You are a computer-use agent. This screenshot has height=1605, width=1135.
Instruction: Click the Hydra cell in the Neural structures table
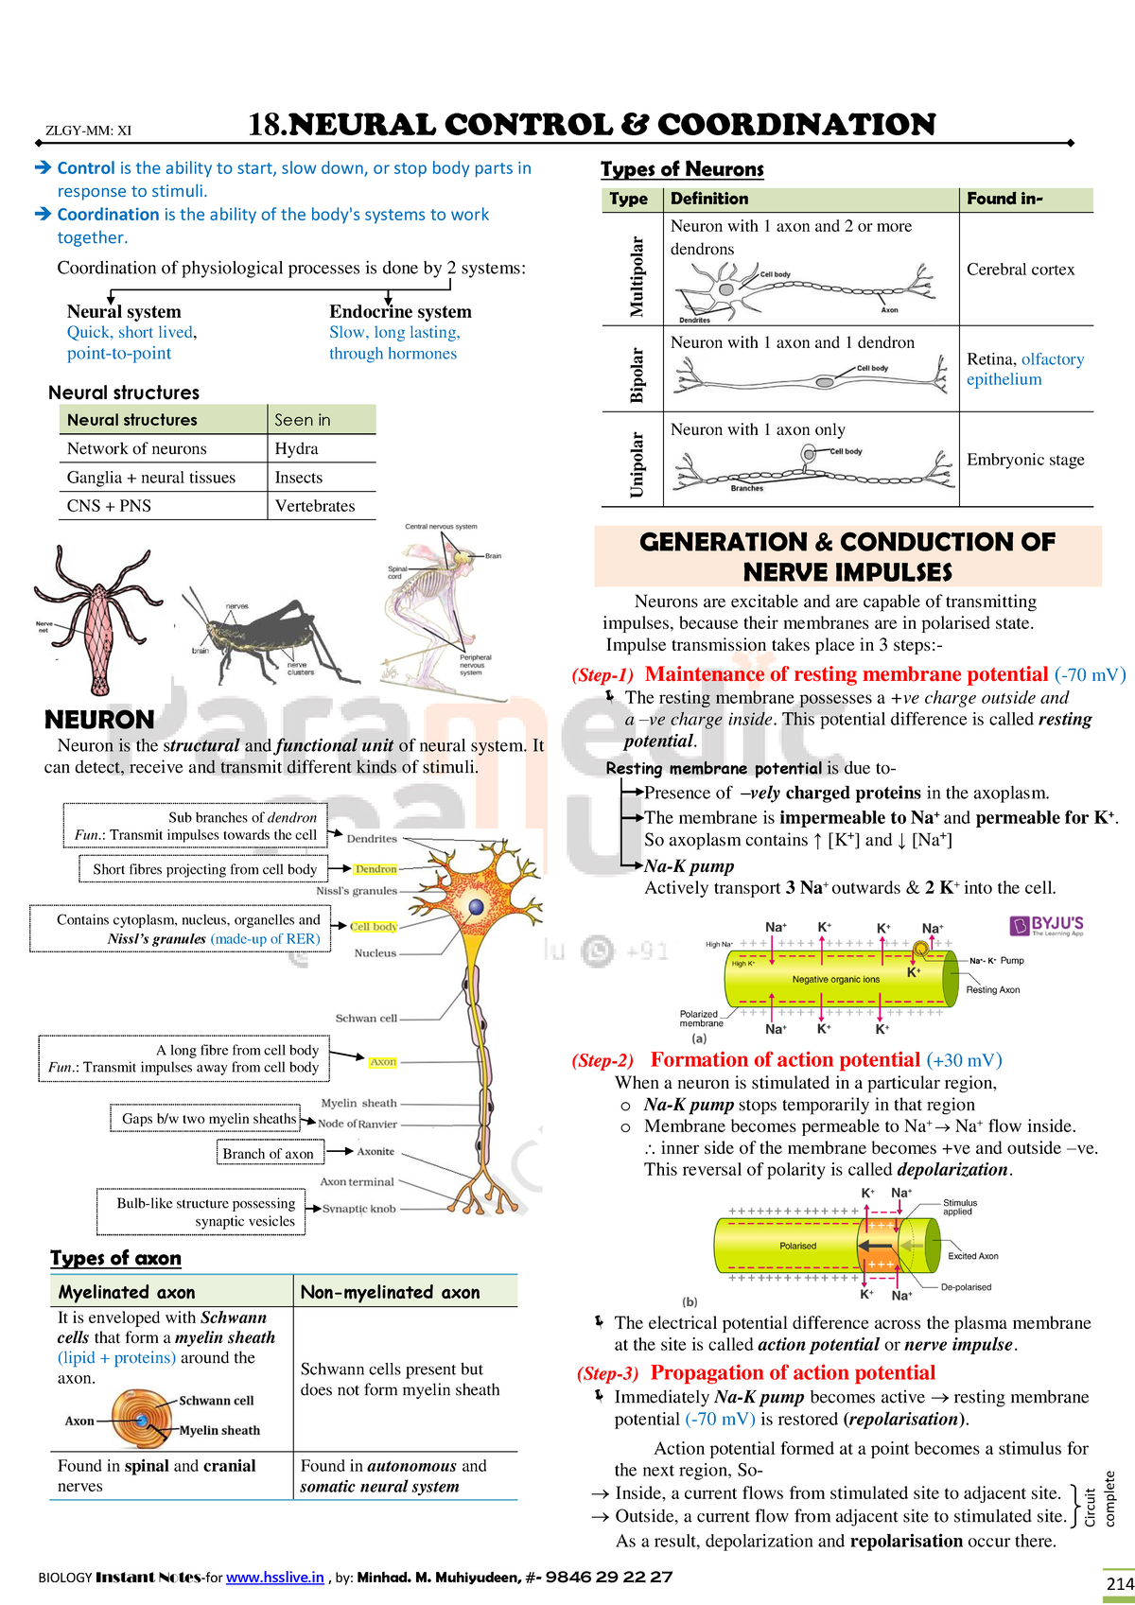pyautogui.click(x=296, y=449)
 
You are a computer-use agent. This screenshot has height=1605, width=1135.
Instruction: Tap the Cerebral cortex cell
pyautogui.click(x=1021, y=270)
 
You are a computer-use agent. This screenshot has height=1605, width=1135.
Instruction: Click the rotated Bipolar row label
pyautogui.click(x=637, y=375)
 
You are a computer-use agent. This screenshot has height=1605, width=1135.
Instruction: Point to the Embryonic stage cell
pyautogui.click(x=1025, y=460)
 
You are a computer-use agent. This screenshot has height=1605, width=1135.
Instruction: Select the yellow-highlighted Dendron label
pyautogui.click(x=375, y=868)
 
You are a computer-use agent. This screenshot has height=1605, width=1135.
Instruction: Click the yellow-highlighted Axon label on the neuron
pyautogui.click(x=382, y=1062)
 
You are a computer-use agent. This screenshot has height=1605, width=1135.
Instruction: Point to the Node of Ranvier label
pyautogui.click(x=358, y=1124)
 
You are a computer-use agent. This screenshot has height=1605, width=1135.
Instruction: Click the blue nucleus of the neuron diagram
pyautogui.click(x=476, y=906)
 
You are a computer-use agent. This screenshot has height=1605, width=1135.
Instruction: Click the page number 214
pyautogui.click(x=1119, y=1583)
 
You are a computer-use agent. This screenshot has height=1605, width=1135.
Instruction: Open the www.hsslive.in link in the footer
pyautogui.click(x=274, y=1578)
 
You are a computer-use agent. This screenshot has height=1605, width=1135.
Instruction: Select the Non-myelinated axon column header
pyautogui.click(x=390, y=1292)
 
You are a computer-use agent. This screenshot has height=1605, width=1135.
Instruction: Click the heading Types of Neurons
pyautogui.click(x=682, y=169)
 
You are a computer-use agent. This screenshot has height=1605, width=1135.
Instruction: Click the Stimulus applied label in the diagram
pyautogui.click(x=959, y=1207)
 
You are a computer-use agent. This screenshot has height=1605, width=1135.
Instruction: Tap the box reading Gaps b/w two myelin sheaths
pyautogui.click(x=209, y=1119)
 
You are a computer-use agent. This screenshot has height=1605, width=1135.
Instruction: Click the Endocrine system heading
pyautogui.click(x=400, y=311)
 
